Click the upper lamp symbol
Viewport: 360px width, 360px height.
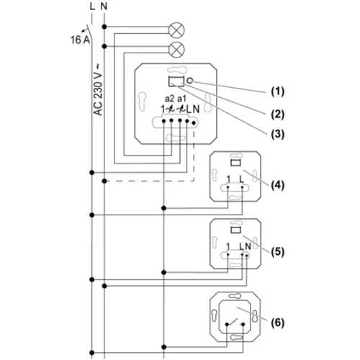pos(176,30)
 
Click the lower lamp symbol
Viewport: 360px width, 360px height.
pos(176,50)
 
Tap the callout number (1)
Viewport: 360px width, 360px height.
pos(278,91)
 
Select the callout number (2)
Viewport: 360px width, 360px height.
pos(278,114)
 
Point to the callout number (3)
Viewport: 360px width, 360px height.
pos(278,134)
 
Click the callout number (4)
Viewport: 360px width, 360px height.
pos(278,185)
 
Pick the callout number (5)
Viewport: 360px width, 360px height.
pos(278,252)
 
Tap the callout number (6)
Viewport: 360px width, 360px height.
pos(278,323)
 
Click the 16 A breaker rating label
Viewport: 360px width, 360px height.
pos(80,40)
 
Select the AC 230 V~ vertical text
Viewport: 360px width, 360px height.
pos(98,90)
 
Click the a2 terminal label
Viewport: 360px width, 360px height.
pos(170,99)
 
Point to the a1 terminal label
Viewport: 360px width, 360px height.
pos(181,99)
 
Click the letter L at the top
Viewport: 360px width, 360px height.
pos(92,6)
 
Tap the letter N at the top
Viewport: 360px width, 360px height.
pos(104,6)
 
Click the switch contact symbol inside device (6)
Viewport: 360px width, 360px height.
pos(235,323)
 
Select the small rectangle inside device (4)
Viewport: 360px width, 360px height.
pos(235,163)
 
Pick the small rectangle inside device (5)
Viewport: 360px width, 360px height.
pos(235,230)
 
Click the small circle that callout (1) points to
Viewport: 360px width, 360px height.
pos(189,81)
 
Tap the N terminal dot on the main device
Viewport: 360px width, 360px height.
pos(194,123)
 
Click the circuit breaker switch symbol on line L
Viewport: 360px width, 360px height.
pos(89,31)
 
